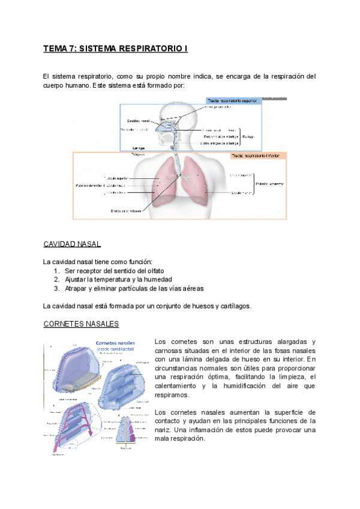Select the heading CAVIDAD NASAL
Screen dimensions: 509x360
tap(72, 244)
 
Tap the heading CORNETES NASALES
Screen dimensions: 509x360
tap(81, 324)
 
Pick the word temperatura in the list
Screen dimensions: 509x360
tap(113, 280)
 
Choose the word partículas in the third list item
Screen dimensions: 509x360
tap(128, 288)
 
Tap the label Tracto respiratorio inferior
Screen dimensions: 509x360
tap(259, 155)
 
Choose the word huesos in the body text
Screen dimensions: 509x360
tap(187, 306)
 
